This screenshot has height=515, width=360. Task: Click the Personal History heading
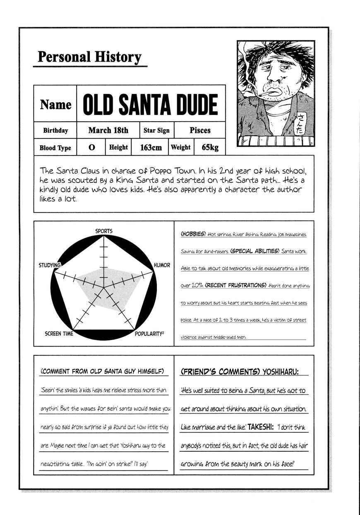tap(89, 57)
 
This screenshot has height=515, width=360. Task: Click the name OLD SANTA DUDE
tap(150, 105)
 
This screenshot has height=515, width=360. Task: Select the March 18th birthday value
tap(108, 130)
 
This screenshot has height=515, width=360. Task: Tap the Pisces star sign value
tap(200, 130)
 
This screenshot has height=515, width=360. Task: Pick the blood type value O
tap(92, 148)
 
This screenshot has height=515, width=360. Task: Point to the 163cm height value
tap(151, 147)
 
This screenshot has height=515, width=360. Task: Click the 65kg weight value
tap(210, 147)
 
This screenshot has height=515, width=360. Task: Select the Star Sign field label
tap(156, 131)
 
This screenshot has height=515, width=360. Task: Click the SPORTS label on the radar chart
tap(103, 231)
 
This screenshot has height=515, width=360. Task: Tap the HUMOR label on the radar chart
tap(162, 265)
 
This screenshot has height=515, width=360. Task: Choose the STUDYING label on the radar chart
tap(50, 265)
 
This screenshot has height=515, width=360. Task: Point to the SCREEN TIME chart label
tap(59, 333)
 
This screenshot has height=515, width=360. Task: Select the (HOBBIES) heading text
tap(193, 234)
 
